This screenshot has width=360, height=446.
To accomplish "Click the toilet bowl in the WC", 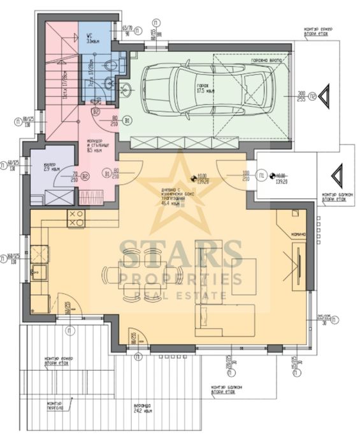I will click(x=110, y=63).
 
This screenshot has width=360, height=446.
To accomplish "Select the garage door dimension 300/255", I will click(x=302, y=96).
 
